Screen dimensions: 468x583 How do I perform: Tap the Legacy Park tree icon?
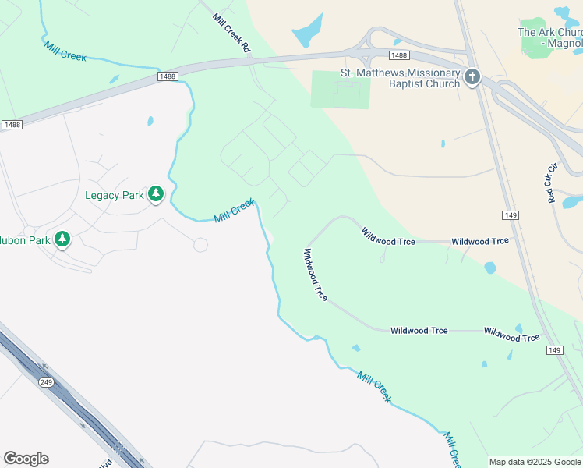pyautogui.click(x=156, y=194)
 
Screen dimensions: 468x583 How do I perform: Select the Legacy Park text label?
pyautogui.click(x=114, y=195)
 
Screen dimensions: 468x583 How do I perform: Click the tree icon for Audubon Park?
pyautogui.click(x=62, y=239)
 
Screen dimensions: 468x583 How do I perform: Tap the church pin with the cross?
pyautogui.click(x=472, y=77)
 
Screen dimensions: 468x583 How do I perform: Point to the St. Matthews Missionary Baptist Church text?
pyautogui.click(x=401, y=78)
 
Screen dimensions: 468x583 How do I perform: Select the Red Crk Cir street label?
pyautogui.click(x=552, y=183)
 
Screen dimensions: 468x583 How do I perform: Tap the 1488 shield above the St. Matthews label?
pyautogui.click(x=399, y=55)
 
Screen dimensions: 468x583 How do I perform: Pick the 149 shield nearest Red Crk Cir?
pyautogui.click(x=511, y=214)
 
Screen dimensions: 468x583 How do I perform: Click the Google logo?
pyautogui.click(x=26, y=459)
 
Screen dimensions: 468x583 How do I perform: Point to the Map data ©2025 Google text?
pyautogui.click(x=535, y=462)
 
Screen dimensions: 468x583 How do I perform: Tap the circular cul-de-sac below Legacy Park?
pyautogui.click(x=200, y=245)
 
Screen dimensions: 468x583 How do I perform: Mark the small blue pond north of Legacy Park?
pyautogui.click(x=150, y=122)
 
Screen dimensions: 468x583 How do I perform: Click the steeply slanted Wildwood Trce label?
pyautogui.click(x=315, y=275)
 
